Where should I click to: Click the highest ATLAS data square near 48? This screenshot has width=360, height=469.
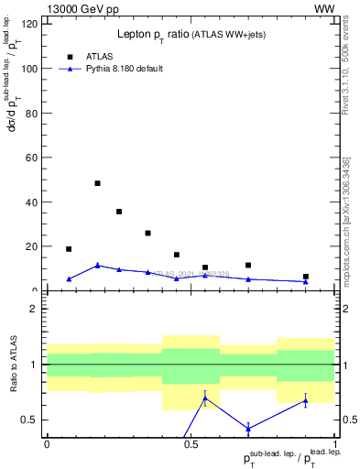click(x=97, y=183)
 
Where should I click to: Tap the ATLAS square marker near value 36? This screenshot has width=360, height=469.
click(x=119, y=212)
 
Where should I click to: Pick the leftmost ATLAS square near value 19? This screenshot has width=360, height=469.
click(x=69, y=249)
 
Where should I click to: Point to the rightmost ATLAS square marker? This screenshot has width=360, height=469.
click(x=306, y=277)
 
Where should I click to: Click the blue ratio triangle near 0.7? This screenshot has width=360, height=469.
click(x=205, y=398)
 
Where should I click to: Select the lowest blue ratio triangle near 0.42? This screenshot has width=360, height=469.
click(x=248, y=429)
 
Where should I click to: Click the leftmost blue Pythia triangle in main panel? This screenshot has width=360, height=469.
click(x=69, y=279)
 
